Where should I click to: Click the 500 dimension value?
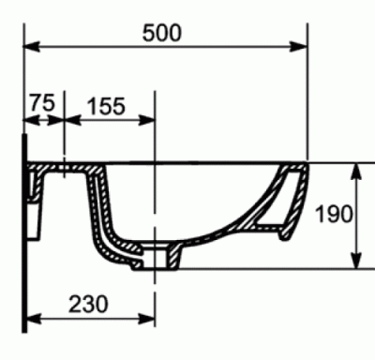161,33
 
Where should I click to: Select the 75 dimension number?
42,102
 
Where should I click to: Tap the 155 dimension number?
106,106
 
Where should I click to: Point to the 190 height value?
334,214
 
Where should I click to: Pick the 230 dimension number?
88,304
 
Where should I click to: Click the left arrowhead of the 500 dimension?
32,47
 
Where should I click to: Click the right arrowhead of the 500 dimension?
299,47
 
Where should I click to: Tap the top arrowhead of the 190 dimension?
356,172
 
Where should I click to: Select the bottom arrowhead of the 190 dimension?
356,260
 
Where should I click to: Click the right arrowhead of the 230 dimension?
146,320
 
